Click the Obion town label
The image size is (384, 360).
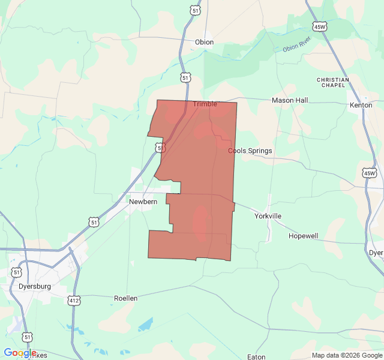(x=204, y=42)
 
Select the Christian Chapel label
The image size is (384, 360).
(x=333, y=83)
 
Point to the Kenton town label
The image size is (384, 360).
(x=361, y=105)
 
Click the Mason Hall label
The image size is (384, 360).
(x=290, y=100)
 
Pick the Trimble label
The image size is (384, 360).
(x=205, y=104)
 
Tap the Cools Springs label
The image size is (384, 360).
(x=250, y=151)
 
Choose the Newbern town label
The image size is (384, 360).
(x=143, y=202)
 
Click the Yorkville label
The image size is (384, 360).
(x=268, y=216)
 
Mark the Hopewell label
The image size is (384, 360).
(x=303, y=236)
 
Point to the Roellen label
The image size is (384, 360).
(x=126, y=298)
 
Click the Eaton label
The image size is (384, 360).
(x=256, y=356)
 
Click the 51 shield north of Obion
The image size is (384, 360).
(x=193, y=10)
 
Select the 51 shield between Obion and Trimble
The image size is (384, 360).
(x=185, y=78)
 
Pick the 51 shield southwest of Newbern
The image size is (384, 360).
(x=94, y=222)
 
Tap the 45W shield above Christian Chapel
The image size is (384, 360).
(x=319, y=26)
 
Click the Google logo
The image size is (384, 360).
(x=20, y=353)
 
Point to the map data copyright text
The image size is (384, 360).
(x=347, y=355)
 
